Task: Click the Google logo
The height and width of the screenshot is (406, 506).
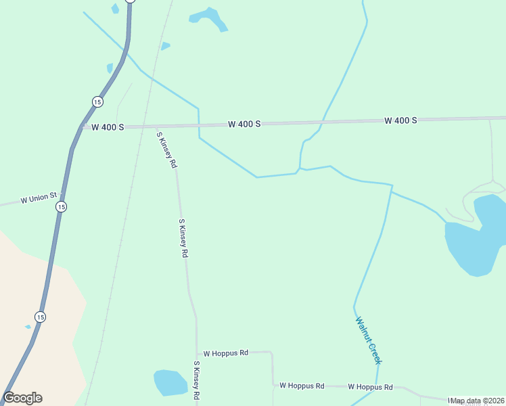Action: point(22,398)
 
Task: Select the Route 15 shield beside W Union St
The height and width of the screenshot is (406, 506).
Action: point(61,207)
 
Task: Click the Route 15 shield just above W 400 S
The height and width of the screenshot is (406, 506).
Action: point(98,101)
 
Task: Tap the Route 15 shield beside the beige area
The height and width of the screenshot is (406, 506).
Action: point(41,317)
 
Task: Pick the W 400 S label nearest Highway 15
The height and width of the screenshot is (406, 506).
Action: point(108,127)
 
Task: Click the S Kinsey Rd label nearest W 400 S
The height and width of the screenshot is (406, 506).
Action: point(167,150)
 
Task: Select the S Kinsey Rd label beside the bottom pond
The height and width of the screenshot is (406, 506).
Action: point(196,379)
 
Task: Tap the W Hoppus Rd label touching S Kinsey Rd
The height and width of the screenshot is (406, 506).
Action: point(226,353)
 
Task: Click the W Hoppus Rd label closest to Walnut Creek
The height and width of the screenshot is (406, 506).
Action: point(370,387)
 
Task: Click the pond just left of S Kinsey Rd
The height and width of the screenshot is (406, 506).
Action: point(170,382)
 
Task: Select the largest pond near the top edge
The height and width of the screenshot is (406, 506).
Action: point(209,18)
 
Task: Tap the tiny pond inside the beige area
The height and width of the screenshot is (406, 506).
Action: point(28,327)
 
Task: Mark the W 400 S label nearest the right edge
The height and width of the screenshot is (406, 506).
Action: point(400,120)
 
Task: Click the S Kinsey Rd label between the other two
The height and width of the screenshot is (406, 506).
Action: point(183,238)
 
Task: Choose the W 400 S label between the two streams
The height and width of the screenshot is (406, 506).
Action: point(244,125)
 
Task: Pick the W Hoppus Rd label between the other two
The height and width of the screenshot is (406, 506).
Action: point(302,386)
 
